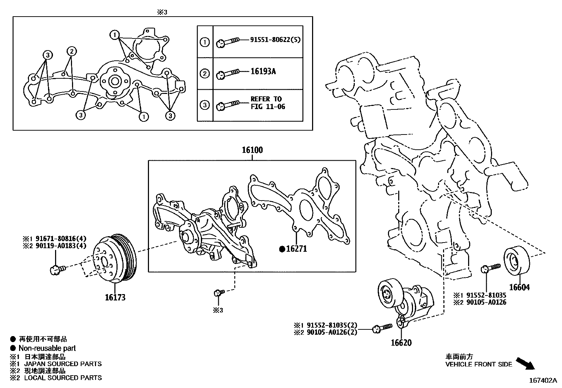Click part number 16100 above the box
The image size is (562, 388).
[x=252, y=150]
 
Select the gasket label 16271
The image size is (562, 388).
[x=296, y=249]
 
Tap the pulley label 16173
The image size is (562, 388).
[x=115, y=297]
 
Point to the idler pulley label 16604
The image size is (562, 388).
[x=519, y=287]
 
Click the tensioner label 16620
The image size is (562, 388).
[x=401, y=342]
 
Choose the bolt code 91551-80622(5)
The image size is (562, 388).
[x=275, y=40]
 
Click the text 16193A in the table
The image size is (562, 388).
[x=263, y=72]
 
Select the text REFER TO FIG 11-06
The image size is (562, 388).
[x=267, y=103]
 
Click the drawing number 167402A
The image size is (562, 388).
[x=543, y=381]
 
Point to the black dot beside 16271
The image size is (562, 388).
[x=282, y=249]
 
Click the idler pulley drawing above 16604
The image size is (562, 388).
[x=516, y=261]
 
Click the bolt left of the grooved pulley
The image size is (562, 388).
[x=56, y=270]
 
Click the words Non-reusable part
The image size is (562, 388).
[x=47, y=348]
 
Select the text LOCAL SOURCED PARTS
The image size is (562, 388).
[x=63, y=378]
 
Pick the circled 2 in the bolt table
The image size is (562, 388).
[x=205, y=74]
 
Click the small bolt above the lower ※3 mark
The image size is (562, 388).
[x=219, y=292]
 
